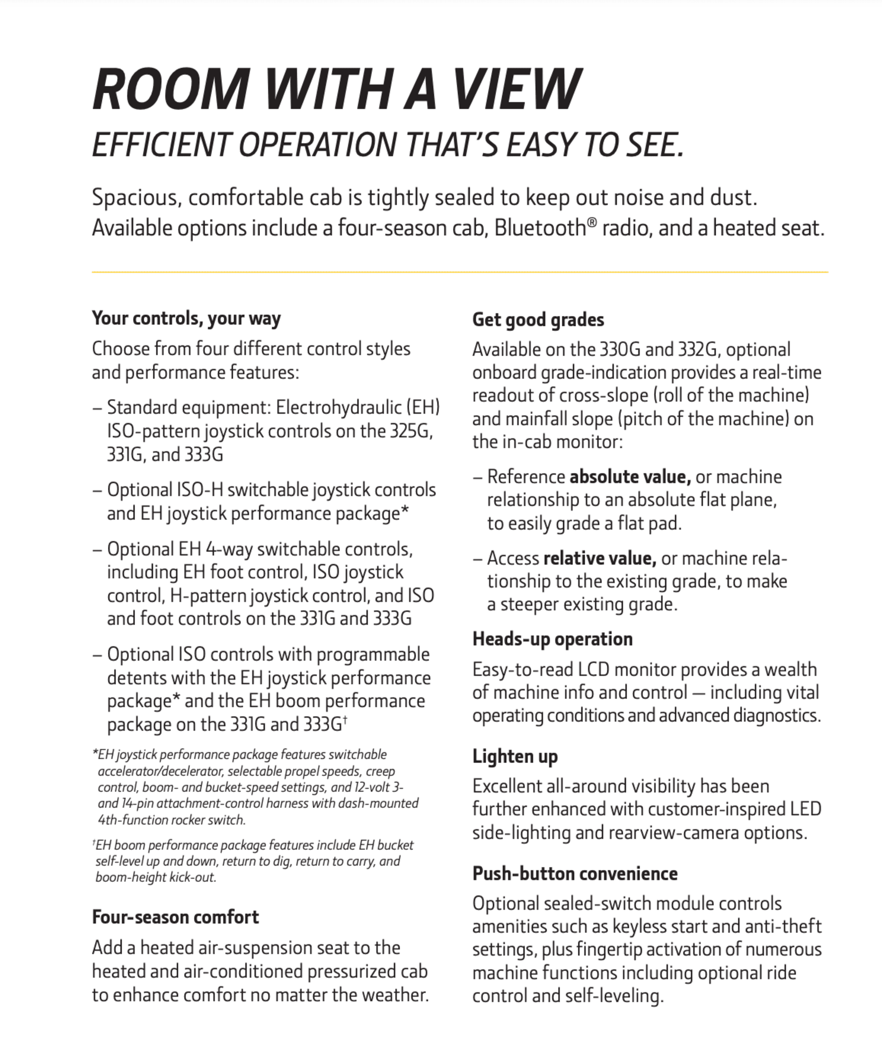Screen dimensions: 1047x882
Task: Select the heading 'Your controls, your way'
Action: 186,318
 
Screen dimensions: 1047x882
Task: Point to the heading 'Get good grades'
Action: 538,319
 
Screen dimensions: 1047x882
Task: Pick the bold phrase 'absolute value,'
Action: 630,477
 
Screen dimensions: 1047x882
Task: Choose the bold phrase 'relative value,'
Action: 600,558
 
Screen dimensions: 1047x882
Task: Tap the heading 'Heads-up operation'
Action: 553,639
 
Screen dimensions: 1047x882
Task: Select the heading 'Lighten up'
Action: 515,756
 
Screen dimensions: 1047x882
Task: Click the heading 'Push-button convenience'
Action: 575,873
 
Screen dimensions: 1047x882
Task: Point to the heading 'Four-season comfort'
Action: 175,917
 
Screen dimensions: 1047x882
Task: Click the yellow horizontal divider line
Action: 460,272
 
